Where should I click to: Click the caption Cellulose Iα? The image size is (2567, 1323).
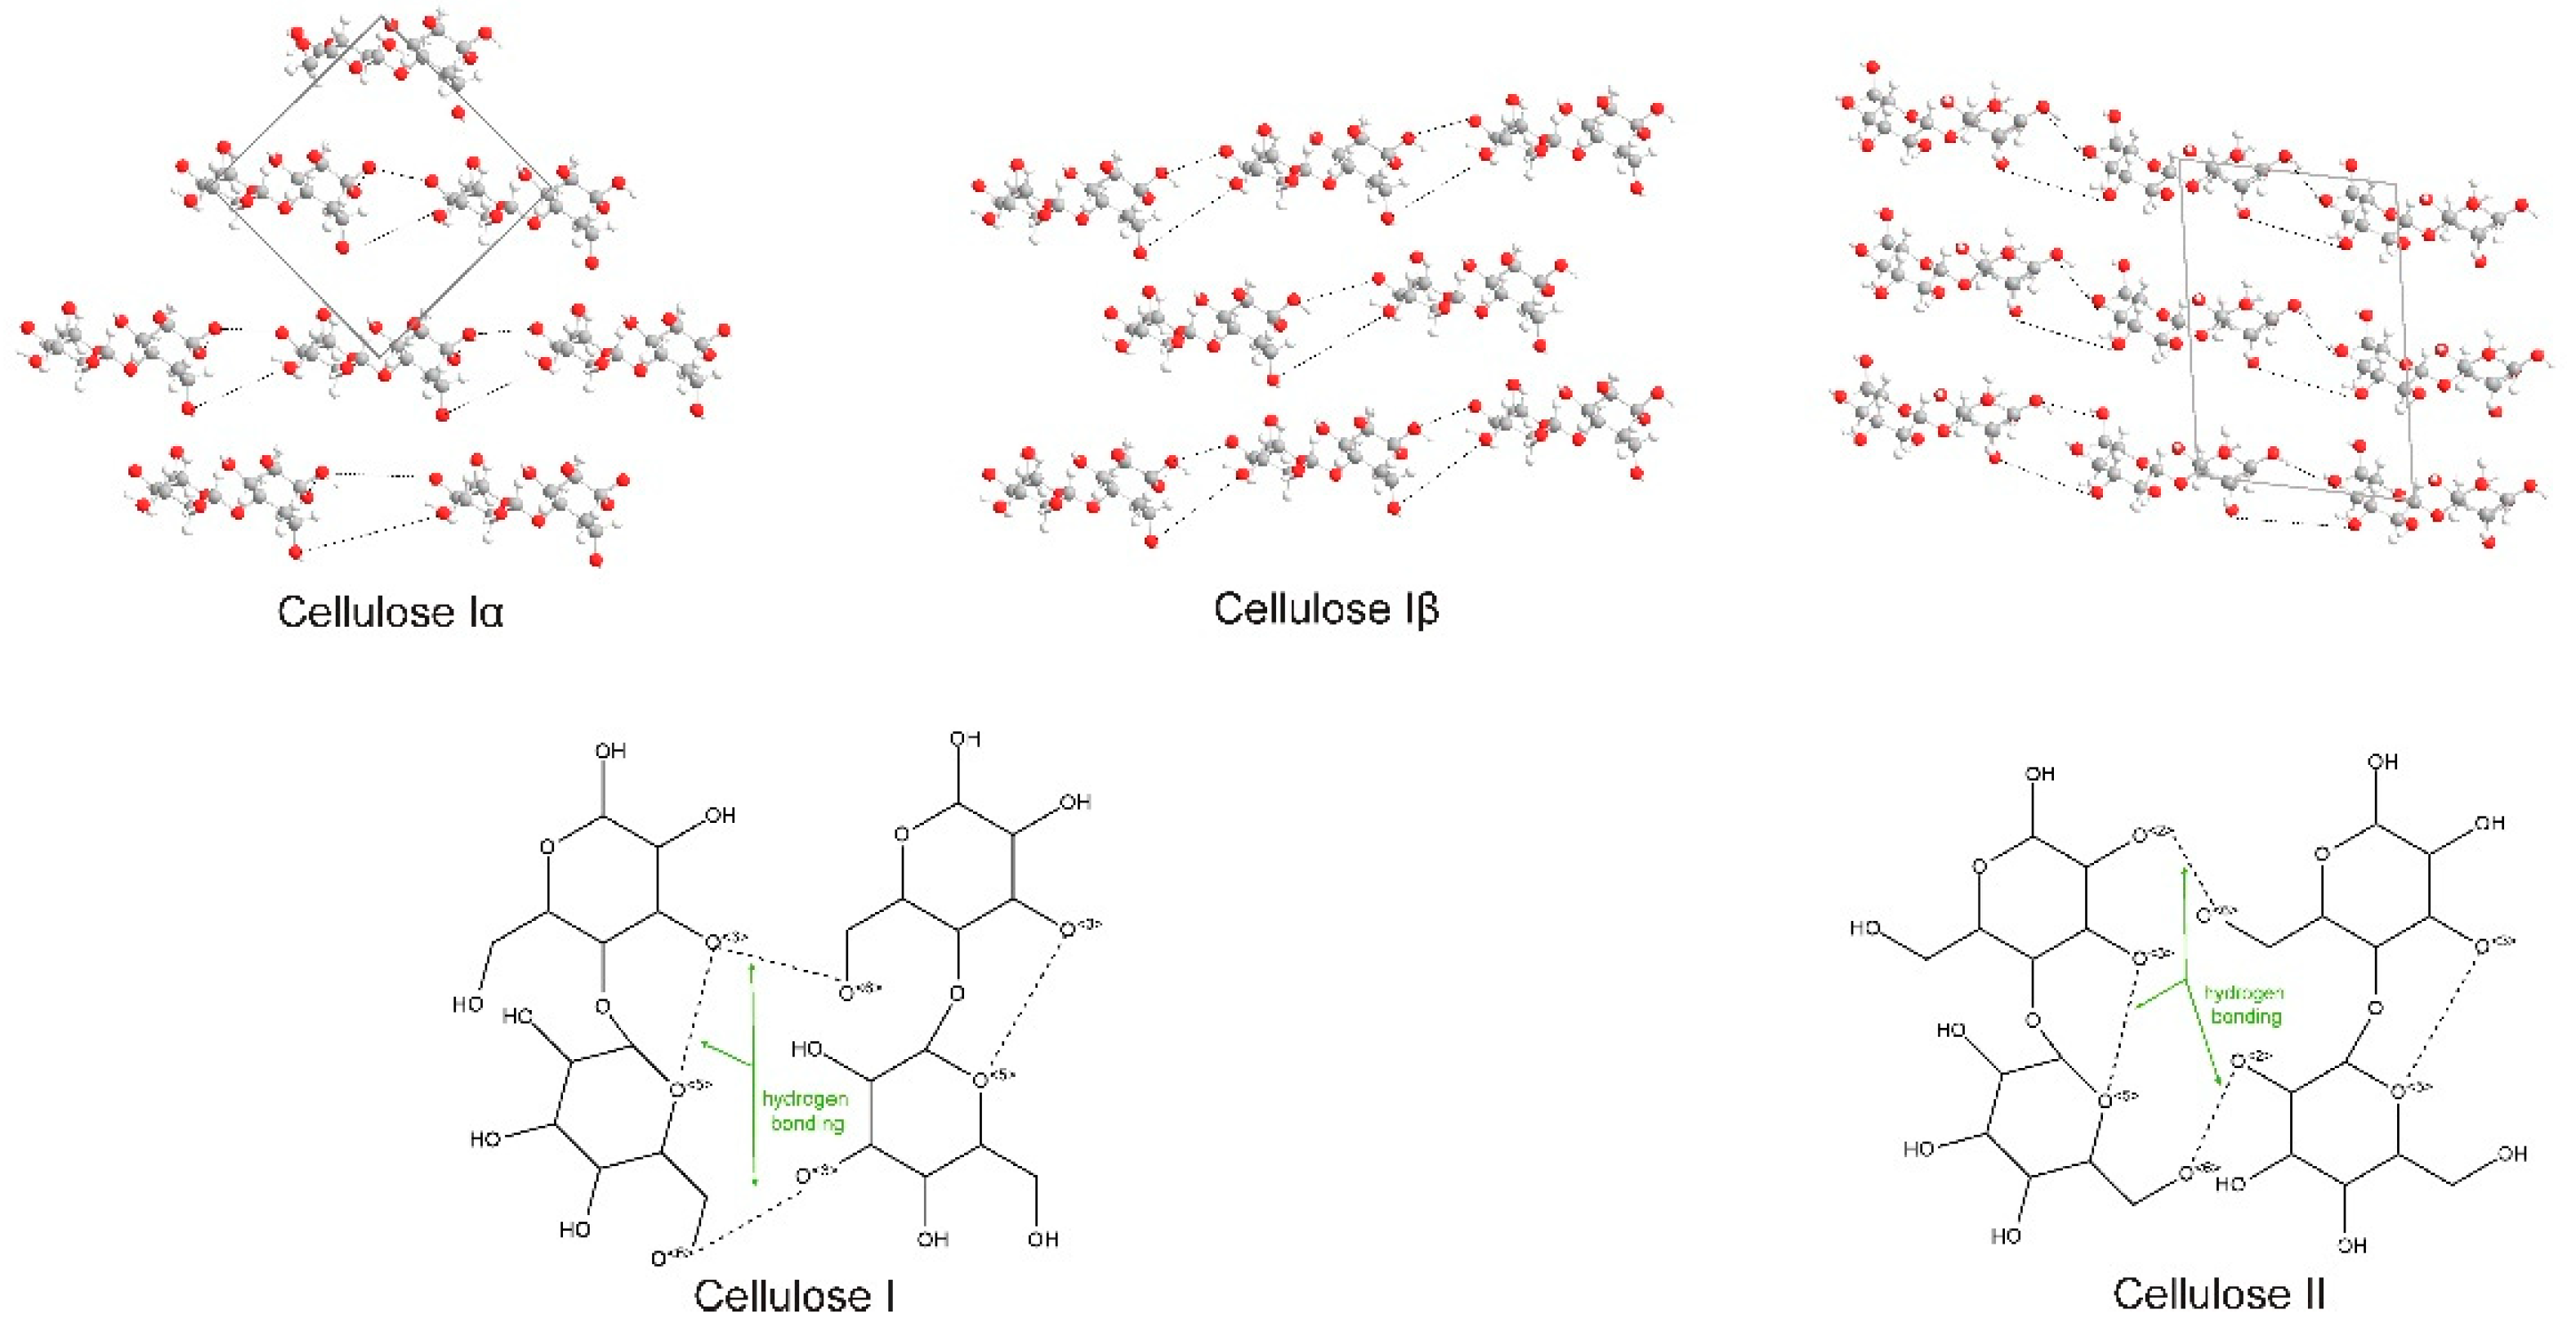point(391,611)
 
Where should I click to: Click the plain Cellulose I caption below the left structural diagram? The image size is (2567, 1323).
point(794,1295)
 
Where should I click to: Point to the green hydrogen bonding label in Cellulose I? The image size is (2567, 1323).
point(806,1111)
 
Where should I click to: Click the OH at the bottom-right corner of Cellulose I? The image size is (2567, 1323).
point(1042,1240)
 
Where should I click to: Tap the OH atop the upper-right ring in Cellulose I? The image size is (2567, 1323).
point(965,739)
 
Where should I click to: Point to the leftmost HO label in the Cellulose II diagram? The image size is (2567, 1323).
point(1864,928)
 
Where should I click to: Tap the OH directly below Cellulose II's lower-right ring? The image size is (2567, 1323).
point(2352,1245)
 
